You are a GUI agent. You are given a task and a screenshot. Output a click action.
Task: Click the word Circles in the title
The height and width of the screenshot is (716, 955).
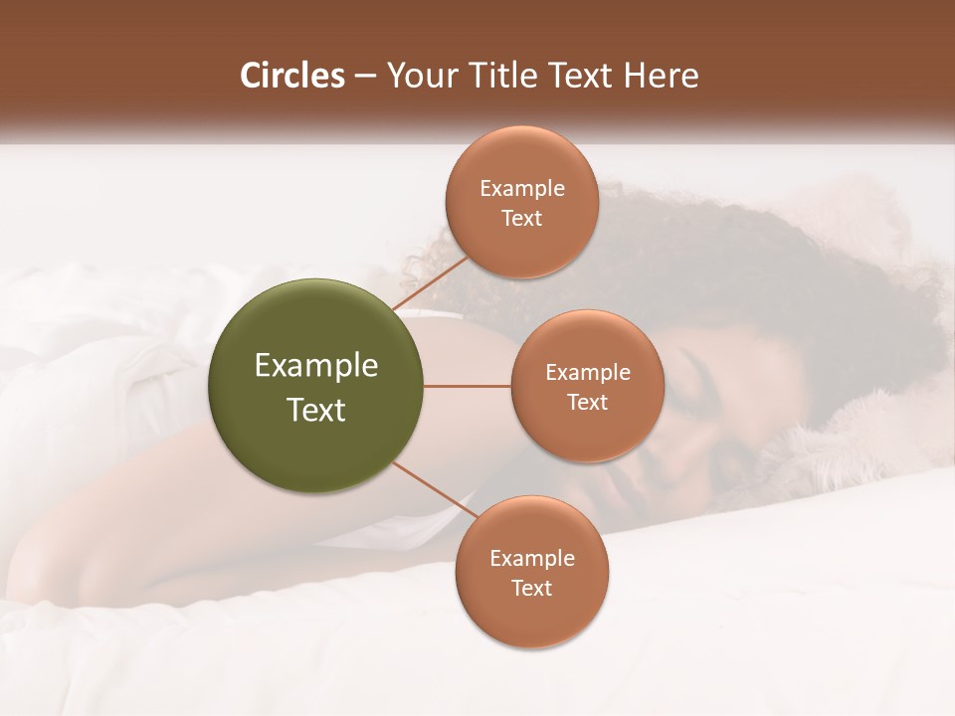point(292,76)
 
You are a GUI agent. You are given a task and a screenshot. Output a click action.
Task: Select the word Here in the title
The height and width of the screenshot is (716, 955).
point(663,76)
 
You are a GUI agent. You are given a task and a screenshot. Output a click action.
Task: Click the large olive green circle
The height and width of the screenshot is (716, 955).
point(316,386)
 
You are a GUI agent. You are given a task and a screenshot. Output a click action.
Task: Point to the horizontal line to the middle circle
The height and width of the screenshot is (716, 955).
point(468,386)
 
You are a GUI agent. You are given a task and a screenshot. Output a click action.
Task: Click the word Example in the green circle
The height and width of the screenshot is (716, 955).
point(316,366)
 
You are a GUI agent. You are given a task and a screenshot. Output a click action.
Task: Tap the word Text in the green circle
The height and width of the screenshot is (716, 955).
point(316,410)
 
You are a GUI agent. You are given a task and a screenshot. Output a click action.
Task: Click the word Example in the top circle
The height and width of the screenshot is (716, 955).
point(522,189)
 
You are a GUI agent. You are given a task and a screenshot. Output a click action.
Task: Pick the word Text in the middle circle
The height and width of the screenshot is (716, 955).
point(587,403)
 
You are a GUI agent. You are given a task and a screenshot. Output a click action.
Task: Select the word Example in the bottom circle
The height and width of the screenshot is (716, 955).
point(532,559)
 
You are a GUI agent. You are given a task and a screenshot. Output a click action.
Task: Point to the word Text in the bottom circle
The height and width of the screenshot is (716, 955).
point(531,589)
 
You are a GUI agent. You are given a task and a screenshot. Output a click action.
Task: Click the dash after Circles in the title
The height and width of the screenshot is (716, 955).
point(365,77)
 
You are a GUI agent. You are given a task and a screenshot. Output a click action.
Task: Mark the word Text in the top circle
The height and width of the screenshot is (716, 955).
point(521,219)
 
